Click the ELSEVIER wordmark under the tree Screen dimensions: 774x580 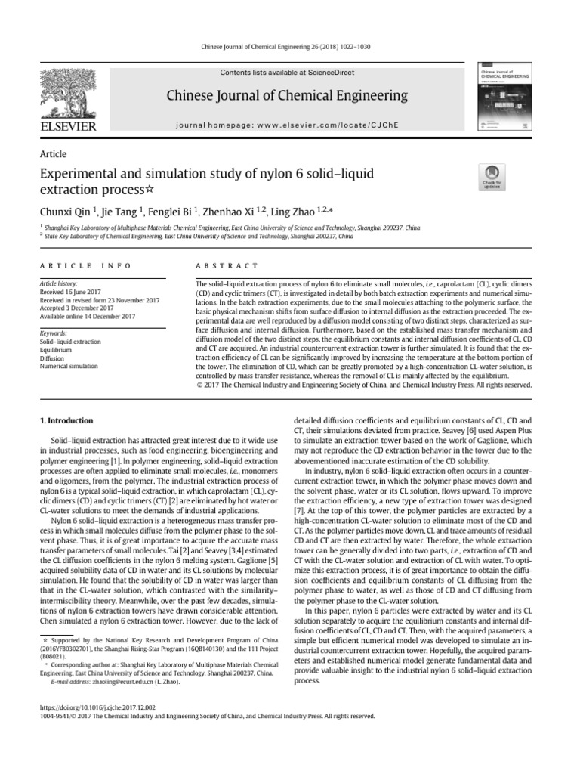pyautogui.click(x=70, y=125)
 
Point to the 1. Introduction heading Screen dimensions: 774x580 pyautogui.click(x=66, y=420)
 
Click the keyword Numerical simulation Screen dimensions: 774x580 pyautogui.click(x=68, y=366)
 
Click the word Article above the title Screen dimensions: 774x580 pyautogui.click(x=53, y=154)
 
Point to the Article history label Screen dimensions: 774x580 pyautogui.click(x=59, y=282)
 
